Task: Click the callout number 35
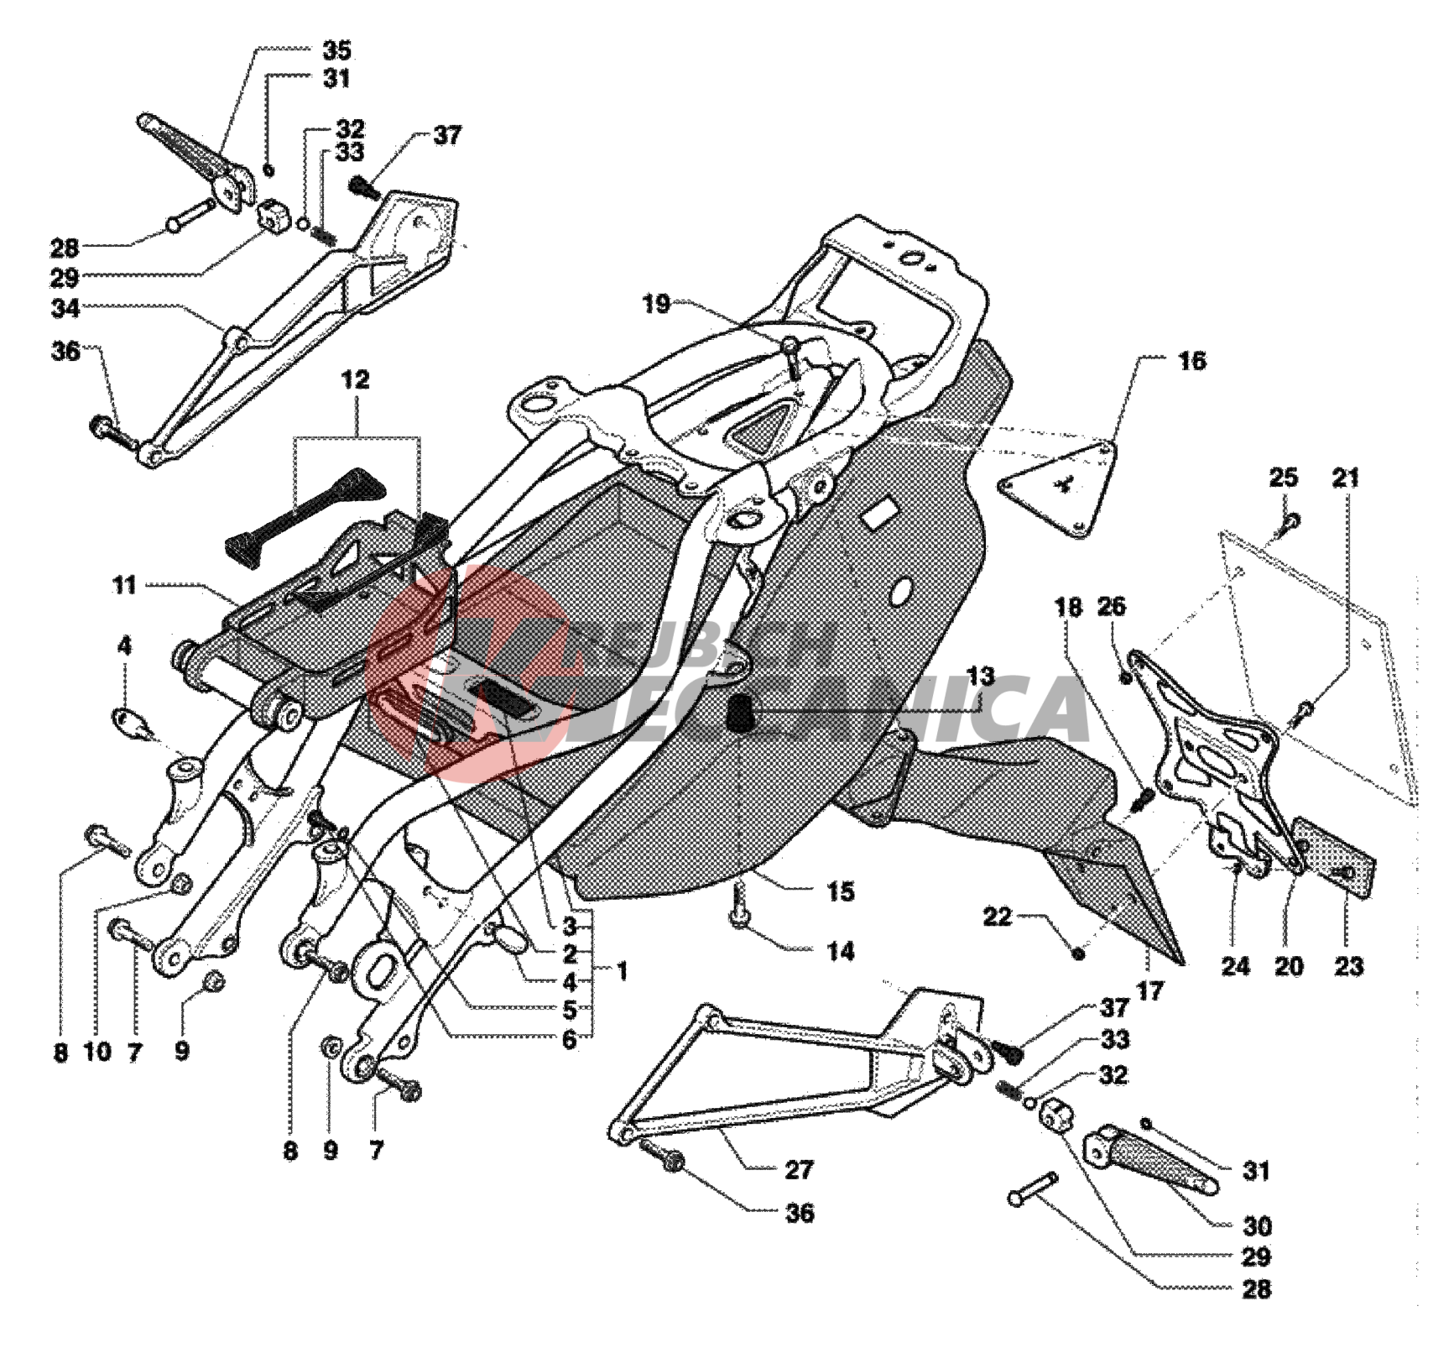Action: [x=336, y=50]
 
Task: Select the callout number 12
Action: [x=355, y=379]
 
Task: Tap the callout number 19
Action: [x=656, y=304]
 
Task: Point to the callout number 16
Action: [x=1191, y=362]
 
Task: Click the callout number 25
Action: [x=1283, y=478]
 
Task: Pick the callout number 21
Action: [x=1346, y=478]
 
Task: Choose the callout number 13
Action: [x=980, y=677]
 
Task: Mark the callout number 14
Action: [x=841, y=951]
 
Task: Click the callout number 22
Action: [x=997, y=917]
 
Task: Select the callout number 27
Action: [x=799, y=1169]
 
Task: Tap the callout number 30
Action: [x=1257, y=1226]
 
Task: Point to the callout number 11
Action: [x=124, y=585]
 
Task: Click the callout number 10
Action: [x=97, y=1052]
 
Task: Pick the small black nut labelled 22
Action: [x=1079, y=953]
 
